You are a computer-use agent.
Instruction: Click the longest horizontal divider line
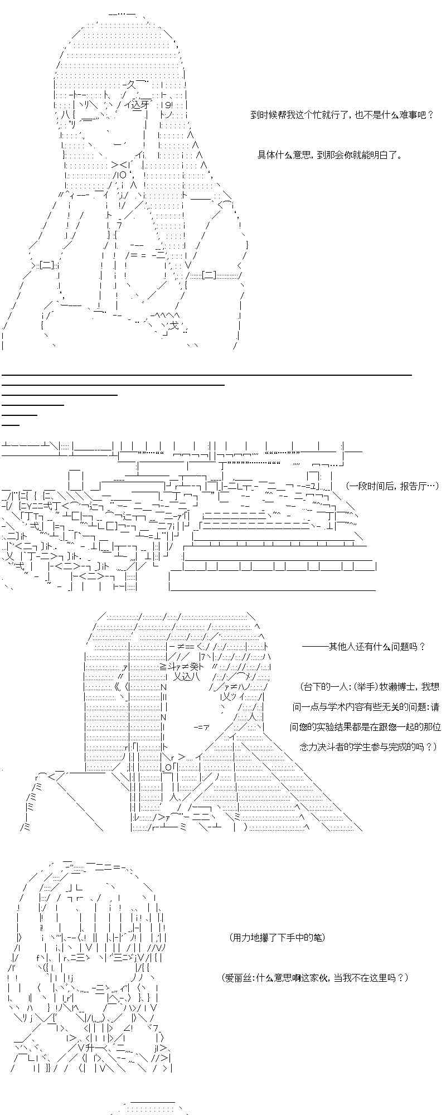(x=206, y=375)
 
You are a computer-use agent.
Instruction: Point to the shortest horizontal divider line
(x=11, y=425)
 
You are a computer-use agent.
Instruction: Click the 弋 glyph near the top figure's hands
(x=174, y=326)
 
